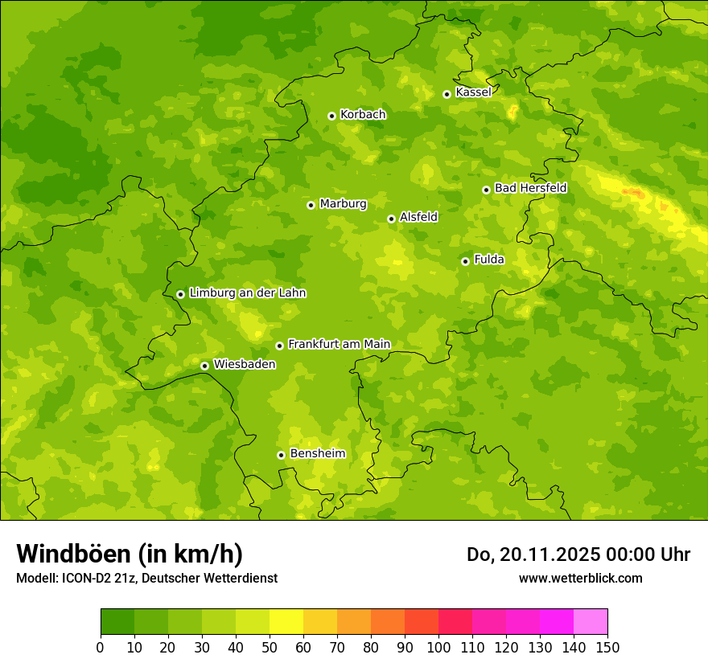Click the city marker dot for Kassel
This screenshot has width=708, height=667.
tap(447, 94)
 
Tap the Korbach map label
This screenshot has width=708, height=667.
tap(363, 115)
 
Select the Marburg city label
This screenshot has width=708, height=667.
tap(343, 204)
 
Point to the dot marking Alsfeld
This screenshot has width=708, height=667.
tap(391, 219)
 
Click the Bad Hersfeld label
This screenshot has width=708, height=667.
tap(530, 189)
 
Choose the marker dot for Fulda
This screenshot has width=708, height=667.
tap(465, 261)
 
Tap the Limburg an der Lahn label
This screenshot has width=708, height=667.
tap(247, 293)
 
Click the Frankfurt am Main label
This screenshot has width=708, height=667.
tap(339, 345)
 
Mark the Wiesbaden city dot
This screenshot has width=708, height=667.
tap(204, 366)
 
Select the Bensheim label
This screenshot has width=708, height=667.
tap(317, 454)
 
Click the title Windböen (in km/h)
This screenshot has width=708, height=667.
tap(130, 554)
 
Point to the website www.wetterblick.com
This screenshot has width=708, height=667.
tap(580, 578)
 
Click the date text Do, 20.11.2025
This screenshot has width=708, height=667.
tap(533, 554)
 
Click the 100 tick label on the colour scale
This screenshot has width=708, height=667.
tap(438, 647)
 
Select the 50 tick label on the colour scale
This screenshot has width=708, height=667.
tap(270, 647)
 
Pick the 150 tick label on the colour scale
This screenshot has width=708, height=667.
tap(607, 647)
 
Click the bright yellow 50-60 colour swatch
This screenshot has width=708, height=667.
tap(286, 622)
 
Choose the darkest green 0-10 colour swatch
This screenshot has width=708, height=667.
tap(117, 622)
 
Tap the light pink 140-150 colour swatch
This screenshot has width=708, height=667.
tap(591, 622)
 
